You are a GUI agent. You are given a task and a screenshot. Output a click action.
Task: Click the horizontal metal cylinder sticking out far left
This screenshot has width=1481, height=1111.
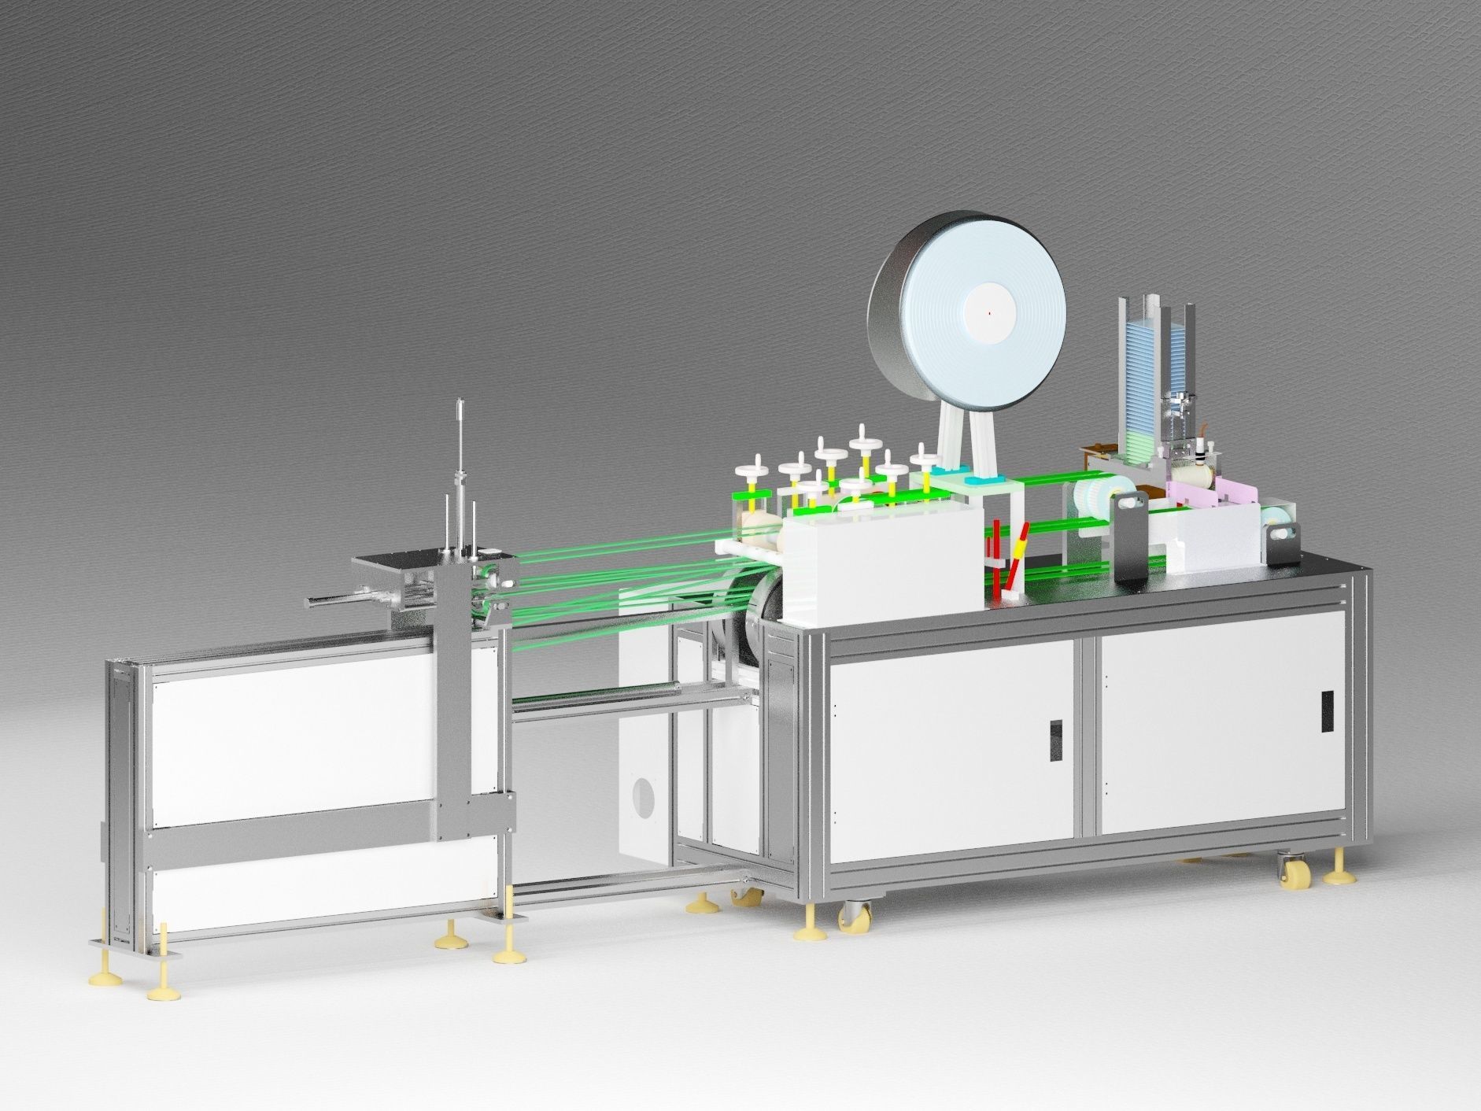pyautogui.click(x=331, y=603)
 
